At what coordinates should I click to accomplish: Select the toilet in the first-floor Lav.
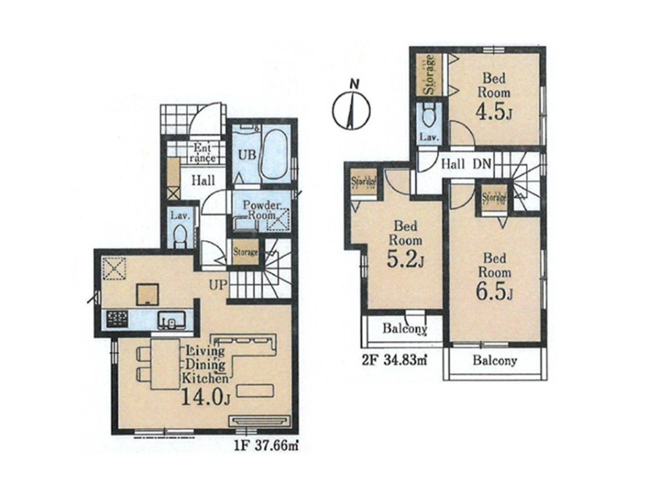click(180, 236)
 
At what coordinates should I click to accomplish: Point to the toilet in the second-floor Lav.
click(428, 115)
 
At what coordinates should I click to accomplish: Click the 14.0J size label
click(206, 397)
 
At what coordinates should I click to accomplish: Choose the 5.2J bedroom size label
click(404, 260)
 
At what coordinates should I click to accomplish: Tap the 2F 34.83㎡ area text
click(394, 360)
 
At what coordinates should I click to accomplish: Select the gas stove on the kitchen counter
click(117, 319)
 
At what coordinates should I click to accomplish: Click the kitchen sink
click(171, 321)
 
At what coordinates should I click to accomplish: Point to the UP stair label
click(218, 285)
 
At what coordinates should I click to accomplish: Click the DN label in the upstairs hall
click(482, 164)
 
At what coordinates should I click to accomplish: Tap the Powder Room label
click(261, 210)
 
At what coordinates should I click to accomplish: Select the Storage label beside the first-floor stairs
click(245, 252)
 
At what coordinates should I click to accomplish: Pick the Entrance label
click(204, 153)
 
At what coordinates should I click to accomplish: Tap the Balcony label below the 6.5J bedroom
click(495, 360)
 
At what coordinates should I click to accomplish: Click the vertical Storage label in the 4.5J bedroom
click(429, 75)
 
